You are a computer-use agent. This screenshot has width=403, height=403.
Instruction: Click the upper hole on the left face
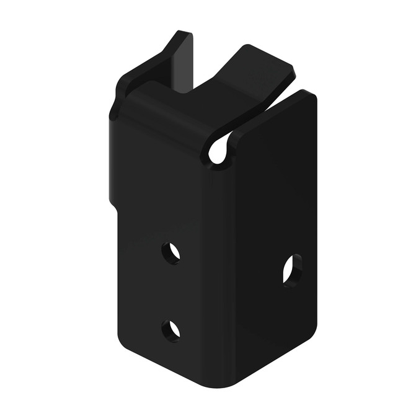171,253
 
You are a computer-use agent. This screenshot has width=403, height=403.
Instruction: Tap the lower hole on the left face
171,330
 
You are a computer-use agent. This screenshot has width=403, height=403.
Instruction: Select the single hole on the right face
292,269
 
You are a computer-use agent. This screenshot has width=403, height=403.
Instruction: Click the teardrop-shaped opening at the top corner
219,151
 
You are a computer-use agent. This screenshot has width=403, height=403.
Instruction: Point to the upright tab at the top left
180,62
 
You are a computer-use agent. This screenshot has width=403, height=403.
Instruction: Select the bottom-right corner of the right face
312,329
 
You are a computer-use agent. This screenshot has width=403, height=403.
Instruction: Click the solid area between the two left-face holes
170,291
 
